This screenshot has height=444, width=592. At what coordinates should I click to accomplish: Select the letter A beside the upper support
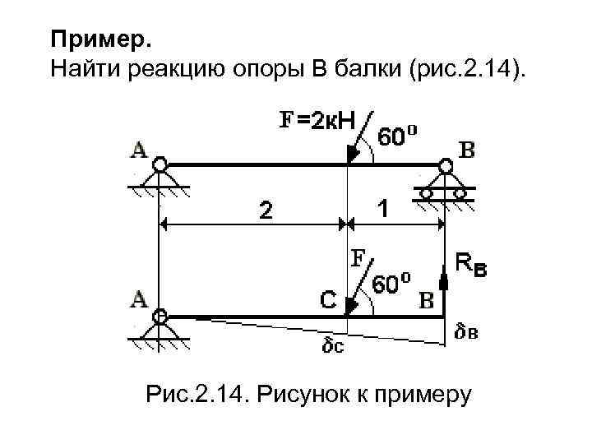point(139,150)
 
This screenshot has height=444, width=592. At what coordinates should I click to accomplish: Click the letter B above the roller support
point(465,151)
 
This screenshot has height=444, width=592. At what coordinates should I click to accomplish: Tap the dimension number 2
point(263,211)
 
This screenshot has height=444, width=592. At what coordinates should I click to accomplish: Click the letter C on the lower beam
point(327,300)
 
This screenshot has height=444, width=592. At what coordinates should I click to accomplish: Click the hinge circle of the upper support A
point(160,164)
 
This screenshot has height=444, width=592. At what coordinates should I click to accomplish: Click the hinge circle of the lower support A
point(160,315)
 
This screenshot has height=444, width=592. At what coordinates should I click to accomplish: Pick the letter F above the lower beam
point(358,258)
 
